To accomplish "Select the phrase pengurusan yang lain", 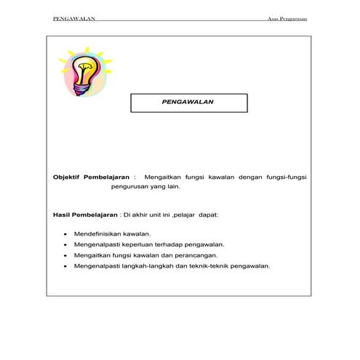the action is click(145, 187).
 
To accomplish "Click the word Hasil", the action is click(63, 215).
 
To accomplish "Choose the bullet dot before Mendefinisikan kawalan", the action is click(66, 235).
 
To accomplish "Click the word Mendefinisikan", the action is click(101, 235).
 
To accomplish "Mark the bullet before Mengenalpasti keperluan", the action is click(66, 245).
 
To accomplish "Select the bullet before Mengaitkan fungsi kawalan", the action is click(66, 256).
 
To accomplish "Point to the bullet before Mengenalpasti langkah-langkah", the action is click(66, 266).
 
